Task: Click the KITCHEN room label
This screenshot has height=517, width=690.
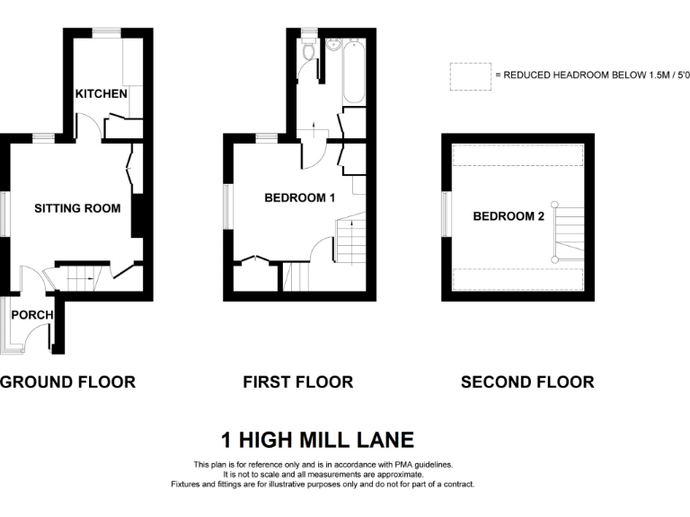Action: [x=101, y=94]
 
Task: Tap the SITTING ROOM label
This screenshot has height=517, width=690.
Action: [x=77, y=208]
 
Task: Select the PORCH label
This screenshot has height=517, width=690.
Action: [x=32, y=314]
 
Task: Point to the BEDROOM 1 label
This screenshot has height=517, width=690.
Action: [x=299, y=197]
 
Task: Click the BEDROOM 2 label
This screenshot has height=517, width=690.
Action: [x=509, y=216]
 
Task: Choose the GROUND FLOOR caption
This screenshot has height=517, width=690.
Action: [x=67, y=381]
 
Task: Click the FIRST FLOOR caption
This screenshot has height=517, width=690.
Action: [x=297, y=381]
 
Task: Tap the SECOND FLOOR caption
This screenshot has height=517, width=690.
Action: [x=527, y=381]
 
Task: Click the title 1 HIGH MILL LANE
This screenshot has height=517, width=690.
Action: [x=317, y=440]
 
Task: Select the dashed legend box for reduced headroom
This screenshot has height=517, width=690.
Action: [x=470, y=76]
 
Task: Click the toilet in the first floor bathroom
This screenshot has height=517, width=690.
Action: [x=309, y=50]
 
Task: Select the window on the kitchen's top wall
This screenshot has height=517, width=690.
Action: [x=108, y=33]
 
